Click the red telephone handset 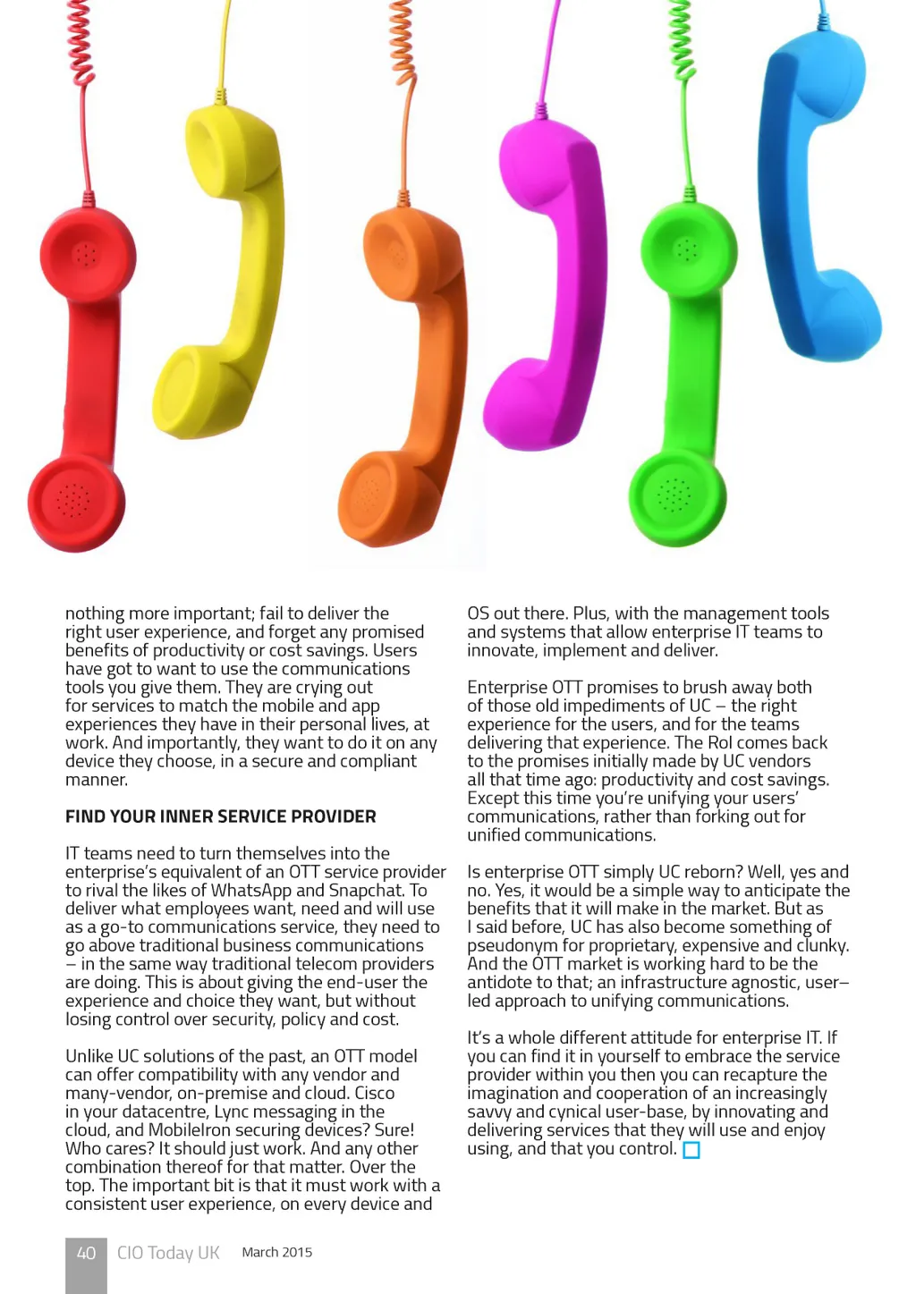(x=82, y=376)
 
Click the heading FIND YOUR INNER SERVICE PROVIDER (x=220, y=816)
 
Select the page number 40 (x=86, y=1253)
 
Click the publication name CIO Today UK (x=168, y=1253)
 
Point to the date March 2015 (x=277, y=1252)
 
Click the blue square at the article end (x=691, y=1150)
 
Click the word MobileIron (x=188, y=1130)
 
